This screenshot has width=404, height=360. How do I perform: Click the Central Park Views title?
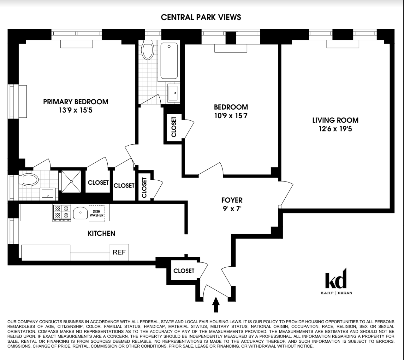click(x=201, y=17)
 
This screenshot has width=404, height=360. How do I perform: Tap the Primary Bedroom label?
click(x=76, y=102)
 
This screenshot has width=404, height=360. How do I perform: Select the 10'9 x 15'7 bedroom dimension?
click(x=231, y=116)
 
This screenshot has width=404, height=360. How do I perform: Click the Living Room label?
click(x=335, y=120)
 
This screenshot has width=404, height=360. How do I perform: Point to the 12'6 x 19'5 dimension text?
click(x=335, y=129)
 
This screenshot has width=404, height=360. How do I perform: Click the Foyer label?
click(x=232, y=200)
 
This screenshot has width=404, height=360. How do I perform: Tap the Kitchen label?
click(x=101, y=233)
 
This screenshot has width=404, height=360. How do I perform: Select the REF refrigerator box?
click(x=119, y=252)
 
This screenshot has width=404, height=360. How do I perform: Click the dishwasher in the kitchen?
click(x=96, y=213)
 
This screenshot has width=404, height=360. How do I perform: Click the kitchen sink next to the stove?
click(x=80, y=213)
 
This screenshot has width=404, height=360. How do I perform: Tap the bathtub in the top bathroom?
click(x=169, y=61)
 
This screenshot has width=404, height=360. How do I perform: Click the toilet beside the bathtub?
click(x=147, y=49)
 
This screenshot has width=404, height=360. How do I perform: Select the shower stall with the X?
click(x=71, y=181)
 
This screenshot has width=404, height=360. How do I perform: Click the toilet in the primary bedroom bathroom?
click(x=28, y=180)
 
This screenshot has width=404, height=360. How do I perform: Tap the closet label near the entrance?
click(x=184, y=271)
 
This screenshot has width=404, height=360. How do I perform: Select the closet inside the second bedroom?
click(x=174, y=127)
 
